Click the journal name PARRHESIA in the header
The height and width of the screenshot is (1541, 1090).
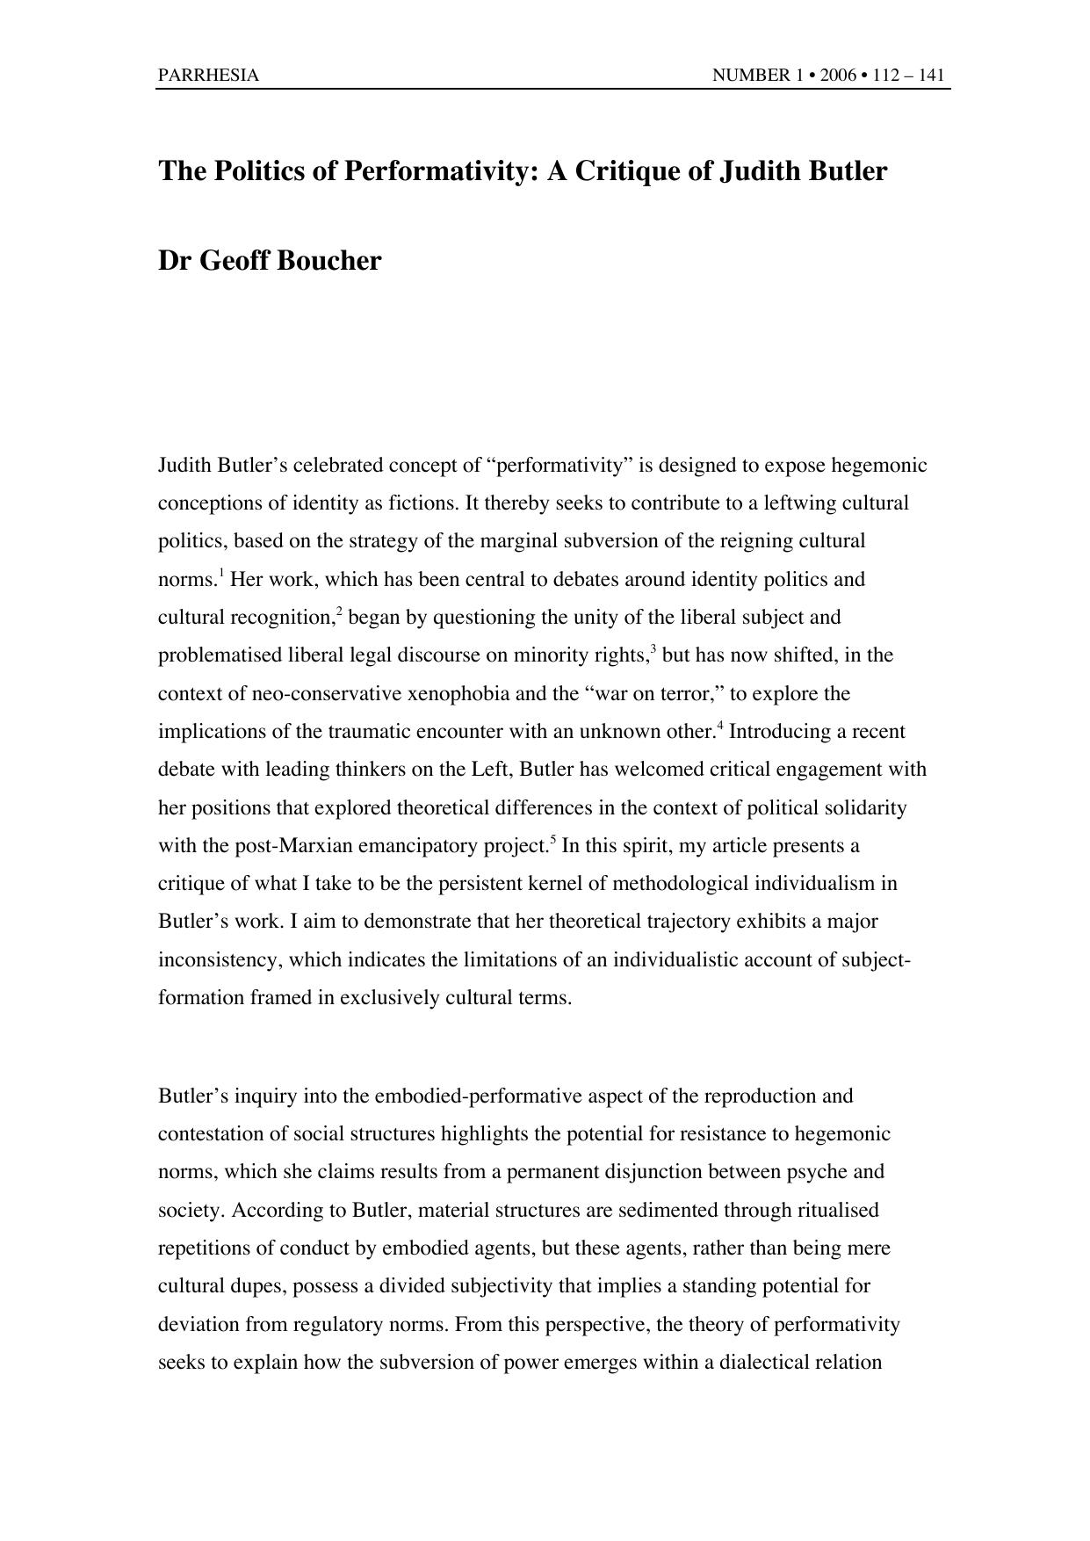pos(208,76)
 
